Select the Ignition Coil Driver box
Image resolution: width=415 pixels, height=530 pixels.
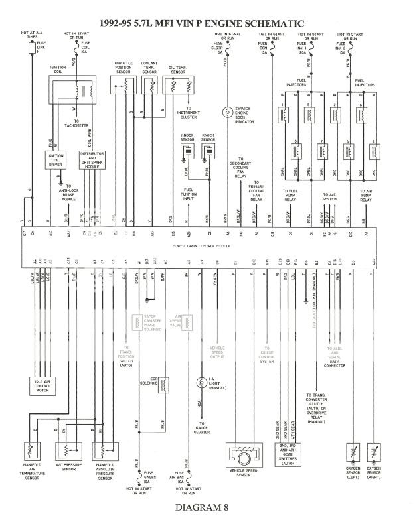click(54, 159)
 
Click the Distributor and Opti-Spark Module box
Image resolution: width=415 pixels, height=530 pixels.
click(92, 160)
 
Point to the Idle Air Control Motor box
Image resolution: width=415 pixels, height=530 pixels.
click(45, 384)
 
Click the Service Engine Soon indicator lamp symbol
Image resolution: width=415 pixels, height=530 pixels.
click(227, 111)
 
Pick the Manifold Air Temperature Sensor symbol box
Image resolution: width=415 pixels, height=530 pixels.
click(31, 452)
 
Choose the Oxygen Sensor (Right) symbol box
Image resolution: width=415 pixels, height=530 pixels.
click(376, 454)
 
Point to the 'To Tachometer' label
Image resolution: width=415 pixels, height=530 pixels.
click(82, 123)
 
